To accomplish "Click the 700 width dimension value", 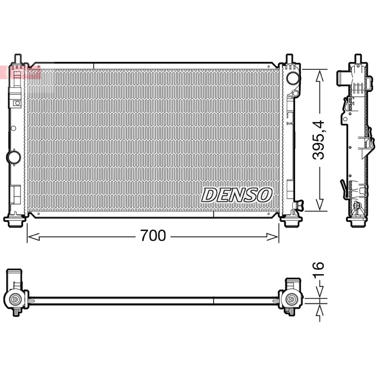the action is point(153,235).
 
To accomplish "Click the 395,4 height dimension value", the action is point(319,140).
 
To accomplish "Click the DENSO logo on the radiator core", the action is point(237,195).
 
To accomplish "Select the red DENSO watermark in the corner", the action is point(20,72).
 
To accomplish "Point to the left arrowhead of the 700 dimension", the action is point(33,237).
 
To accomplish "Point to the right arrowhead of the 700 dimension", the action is point(273,237).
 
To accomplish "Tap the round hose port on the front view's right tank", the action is point(293,78).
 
